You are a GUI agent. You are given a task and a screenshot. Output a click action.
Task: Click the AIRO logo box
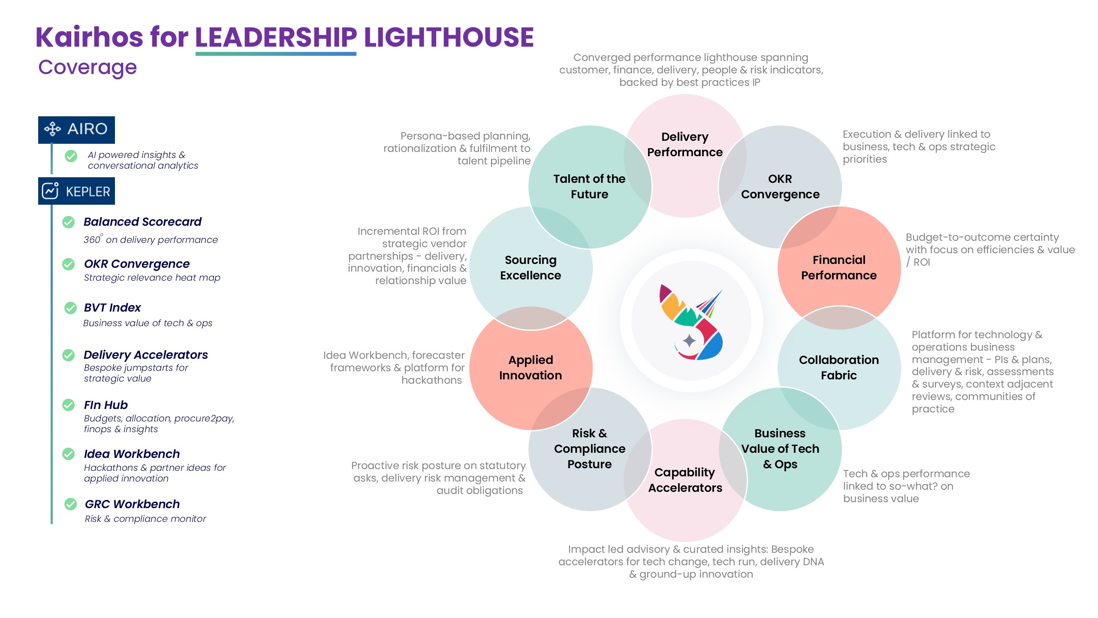[76, 129]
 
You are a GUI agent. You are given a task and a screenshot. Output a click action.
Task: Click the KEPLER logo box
[76, 191]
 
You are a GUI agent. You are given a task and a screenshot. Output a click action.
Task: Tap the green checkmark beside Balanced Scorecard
[69, 222]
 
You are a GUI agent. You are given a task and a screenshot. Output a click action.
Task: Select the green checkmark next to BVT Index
[70, 308]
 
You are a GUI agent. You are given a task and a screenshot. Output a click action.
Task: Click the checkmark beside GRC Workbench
[70, 504]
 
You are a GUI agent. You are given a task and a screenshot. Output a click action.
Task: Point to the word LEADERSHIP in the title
[276, 37]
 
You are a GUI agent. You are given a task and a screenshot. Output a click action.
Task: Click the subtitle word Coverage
[87, 67]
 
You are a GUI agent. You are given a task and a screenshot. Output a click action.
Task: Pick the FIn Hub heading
[106, 405]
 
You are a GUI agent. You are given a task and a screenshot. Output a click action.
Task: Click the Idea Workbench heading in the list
[132, 454]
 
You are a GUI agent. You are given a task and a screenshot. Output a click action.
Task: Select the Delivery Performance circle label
[685, 144]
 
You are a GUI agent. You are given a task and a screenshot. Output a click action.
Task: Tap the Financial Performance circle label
[839, 267]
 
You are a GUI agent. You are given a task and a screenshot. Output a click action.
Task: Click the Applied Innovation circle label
[531, 367]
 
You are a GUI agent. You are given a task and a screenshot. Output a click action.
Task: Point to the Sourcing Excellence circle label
[531, 267]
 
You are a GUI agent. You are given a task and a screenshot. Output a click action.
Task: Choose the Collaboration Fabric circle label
[839, 367]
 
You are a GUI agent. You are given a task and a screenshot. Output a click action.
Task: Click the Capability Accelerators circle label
[685, 480]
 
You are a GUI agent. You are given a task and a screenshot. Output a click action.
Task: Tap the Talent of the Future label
[589, 186]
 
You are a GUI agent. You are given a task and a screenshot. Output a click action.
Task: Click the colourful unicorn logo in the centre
[691, 322]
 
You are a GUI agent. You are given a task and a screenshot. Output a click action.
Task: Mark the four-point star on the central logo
[689, 341]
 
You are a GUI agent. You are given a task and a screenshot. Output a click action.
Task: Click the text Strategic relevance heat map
[152, 278]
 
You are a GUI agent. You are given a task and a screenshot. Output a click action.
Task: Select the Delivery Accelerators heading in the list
[145, 354]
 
